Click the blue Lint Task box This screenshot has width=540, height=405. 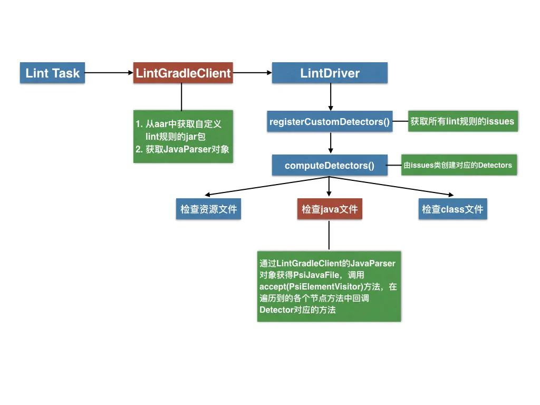[53, 73]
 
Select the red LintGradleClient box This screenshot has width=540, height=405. [183, 73]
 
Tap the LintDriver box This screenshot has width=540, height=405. [330, 73]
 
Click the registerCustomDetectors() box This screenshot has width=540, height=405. [330, 122]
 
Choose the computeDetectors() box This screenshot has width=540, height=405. [330, 166]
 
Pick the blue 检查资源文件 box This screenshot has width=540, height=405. [209, 209]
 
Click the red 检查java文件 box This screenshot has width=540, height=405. [330, 209]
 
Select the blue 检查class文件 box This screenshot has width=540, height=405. [452, 209]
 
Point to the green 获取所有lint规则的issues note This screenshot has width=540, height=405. [462, 121]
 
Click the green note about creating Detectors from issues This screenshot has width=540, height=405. [458, 165]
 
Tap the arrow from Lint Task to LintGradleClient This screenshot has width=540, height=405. [108, 73]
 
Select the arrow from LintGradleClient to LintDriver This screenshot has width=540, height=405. [252, 73]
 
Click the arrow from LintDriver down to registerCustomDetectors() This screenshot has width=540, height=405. [330, 96]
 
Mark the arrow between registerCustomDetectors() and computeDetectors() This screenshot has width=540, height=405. [330, 143]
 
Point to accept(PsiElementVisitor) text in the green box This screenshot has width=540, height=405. [311, 286]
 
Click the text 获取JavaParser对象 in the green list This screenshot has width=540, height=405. [187, 149]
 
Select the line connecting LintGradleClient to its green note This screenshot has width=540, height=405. [181, 97]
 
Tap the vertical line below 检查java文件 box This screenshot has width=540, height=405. [330, 235]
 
